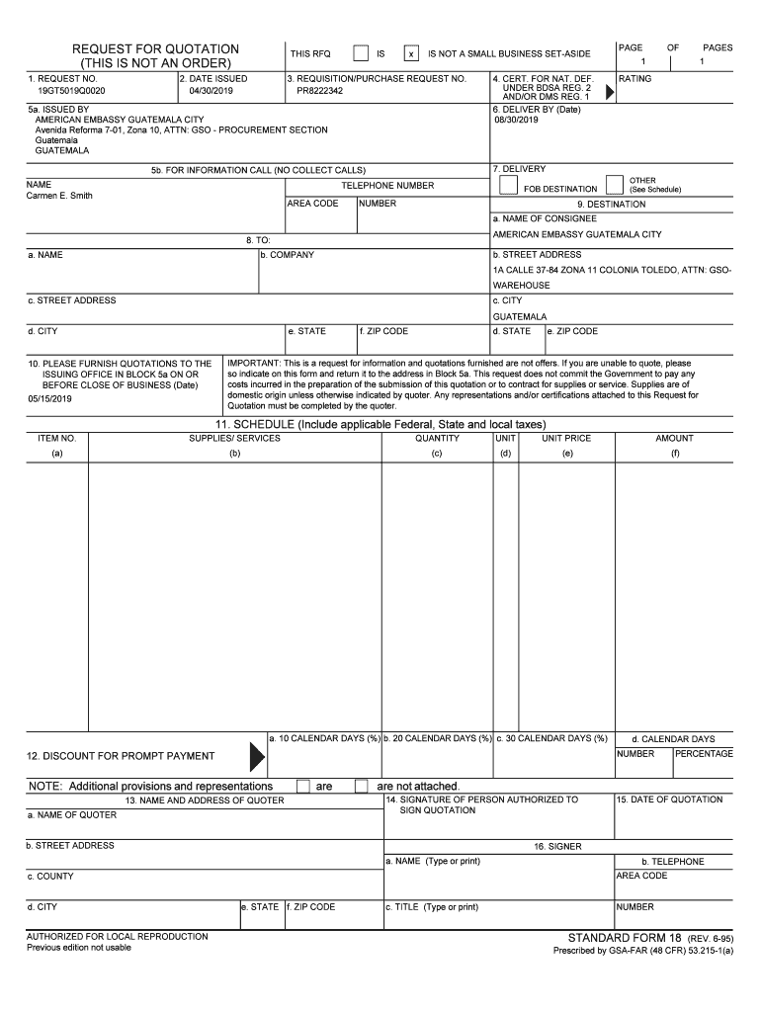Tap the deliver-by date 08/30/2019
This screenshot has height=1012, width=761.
pyautogui.click(x=516, y=121)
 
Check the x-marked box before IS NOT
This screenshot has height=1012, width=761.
pyautogui.click(x=411, y=54)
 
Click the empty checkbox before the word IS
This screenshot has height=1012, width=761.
pyautogui.click(x=361, y=53)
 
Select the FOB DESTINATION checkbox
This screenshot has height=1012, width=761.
pyautogui.click(x=508, y=185)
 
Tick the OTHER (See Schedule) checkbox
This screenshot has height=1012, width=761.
pyautogui.click(x=615, y=185)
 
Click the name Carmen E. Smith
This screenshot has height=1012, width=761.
pyautogui.click(x=59, y=196)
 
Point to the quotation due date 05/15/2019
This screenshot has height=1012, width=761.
pyautogui.click(x=50, y=399)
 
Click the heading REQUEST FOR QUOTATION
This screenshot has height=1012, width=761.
pyautogui.click(x=155, y=49)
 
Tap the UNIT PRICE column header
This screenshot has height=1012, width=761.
pyautogui.click(x=566, y=438)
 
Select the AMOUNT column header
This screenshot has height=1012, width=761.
pyautogui.click(x=674, y=438)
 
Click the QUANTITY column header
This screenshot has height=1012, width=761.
pyautogui.click(x=437, y=438)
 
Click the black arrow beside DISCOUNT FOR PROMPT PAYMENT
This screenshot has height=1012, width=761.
pyautogui.click(x=257, y=756)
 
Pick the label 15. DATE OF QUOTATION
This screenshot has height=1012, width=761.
pyautogui.click(x=669, y=800)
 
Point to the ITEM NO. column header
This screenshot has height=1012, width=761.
pyautogui.click(x=56, y=438)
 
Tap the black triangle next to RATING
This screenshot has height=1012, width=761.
pyautogui.click(x=609, y=91)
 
